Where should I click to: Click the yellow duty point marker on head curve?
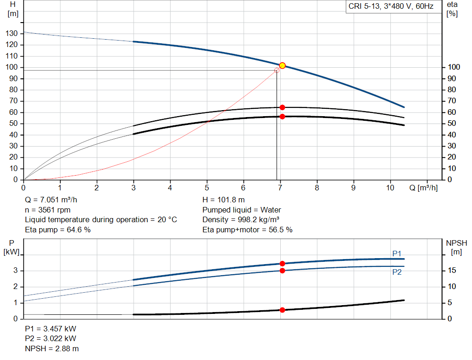283,65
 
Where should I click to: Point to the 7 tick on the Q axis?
280,188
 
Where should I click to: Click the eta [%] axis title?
452,9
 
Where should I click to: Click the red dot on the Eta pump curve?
283,107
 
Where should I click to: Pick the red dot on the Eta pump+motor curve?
283,117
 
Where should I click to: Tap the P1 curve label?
397,254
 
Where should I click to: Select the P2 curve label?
397,272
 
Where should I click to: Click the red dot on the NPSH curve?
283,310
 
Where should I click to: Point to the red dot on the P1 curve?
283,264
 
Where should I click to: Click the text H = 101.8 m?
224,200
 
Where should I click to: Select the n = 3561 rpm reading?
47,210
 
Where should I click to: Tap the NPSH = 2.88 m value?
48,348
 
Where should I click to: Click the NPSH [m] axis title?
457,247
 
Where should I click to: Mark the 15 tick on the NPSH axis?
452,271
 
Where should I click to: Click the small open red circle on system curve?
277,71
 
